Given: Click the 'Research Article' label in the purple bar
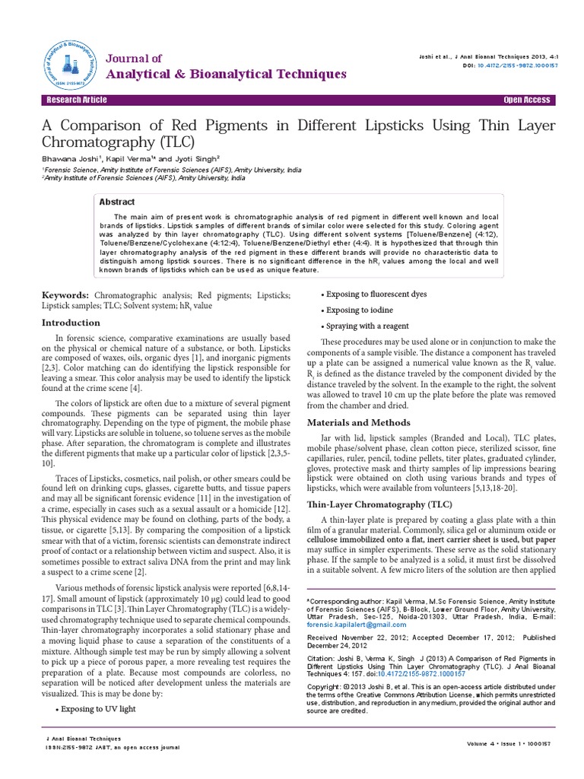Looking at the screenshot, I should point(77,100).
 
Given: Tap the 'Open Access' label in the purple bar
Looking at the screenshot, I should point(526,100).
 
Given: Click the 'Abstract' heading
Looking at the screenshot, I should point(118,202).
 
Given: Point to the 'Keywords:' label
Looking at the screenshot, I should point(66,294).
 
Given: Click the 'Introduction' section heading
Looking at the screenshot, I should point(70,323).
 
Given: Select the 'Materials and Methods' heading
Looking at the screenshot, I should point(357,422).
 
